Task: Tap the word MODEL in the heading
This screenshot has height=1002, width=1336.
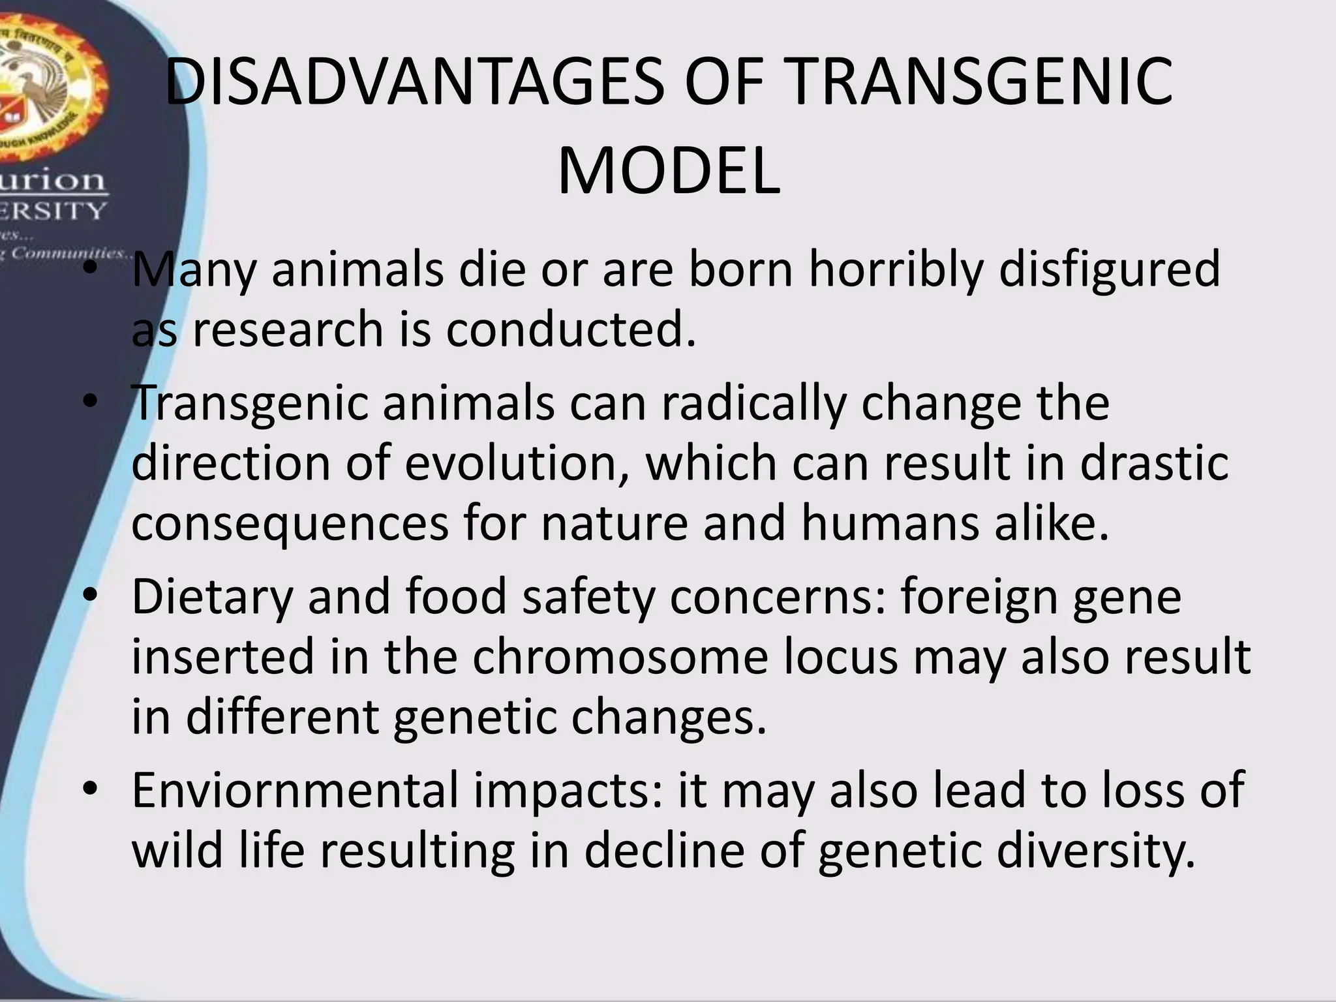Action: pyautogui.click(x=669, y=172)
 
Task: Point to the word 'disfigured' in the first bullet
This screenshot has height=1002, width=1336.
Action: pyautogui.click(x=1109, y=269)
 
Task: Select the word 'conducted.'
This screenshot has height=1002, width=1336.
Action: pyautogui.click(x=571, y=329)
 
